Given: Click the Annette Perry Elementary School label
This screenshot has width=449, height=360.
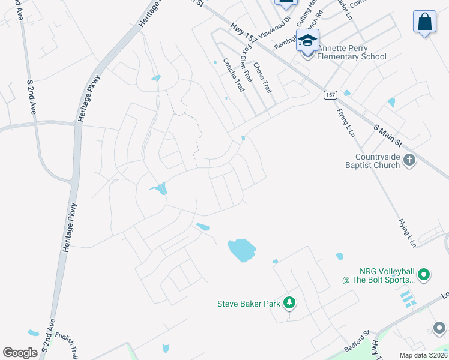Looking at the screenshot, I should pos(351,52).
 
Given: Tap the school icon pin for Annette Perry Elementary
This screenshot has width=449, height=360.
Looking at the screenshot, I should pos(307,41).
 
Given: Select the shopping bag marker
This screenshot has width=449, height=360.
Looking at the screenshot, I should pos(424,22).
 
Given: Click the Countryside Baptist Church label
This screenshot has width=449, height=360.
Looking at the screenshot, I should pos(373,161).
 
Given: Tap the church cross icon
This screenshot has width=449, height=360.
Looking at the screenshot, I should pos(410,160).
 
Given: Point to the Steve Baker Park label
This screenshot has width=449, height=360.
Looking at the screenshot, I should pos(249,304).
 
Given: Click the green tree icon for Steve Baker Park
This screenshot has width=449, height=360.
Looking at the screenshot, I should pos(290,303).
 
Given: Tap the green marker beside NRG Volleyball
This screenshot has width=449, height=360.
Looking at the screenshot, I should pos(424,275).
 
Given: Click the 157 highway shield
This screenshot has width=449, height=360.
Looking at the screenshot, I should pos(330,95).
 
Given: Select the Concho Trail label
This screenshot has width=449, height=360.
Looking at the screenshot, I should pos(234,74).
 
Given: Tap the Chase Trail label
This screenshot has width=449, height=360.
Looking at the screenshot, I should pos(262,77).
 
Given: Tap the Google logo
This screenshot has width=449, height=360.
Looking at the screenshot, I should pos(20,353).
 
